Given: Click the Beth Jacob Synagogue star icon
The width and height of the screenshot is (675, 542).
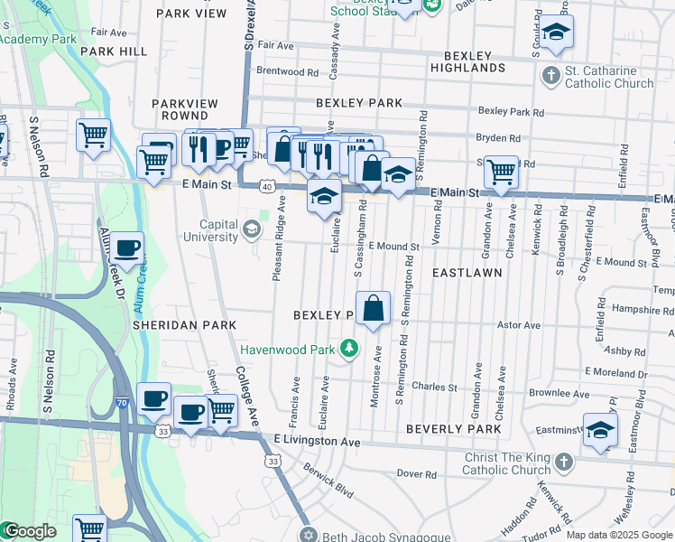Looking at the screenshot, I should (309, 534).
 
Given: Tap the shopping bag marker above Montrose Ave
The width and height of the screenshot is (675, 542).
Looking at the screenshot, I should (373, 309).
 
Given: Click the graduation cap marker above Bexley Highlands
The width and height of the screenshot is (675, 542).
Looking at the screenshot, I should (556, 32).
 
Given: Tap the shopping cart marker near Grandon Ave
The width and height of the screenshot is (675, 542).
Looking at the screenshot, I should (500, 172).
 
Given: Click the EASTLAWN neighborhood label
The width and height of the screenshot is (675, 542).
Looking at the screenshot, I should (466, 272).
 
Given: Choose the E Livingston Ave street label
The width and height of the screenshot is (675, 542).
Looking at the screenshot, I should (317, 442).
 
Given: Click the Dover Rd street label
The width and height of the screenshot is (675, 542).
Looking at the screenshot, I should (416, 473).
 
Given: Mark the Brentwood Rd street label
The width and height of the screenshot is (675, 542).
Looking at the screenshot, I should (289, 71).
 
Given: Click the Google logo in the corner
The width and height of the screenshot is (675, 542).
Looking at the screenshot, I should (29, 531).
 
